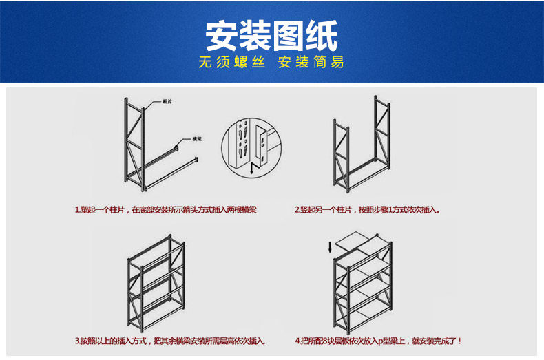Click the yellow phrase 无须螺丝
click(x=231, y=63)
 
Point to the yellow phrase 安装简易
click(x=311, y=63)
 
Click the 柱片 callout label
click(x=167, y=101)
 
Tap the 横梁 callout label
click(x=197, y=140)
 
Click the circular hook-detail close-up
click(x=248, y=147)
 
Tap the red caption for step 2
click(x=367, y=209)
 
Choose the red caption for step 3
click(x=170, y=341)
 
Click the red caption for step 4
click(x=378, y=341)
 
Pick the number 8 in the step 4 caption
click(x=324, y=341)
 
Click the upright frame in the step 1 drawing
click(x=136, y=145)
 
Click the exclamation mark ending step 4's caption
click(x=459, y=341)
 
